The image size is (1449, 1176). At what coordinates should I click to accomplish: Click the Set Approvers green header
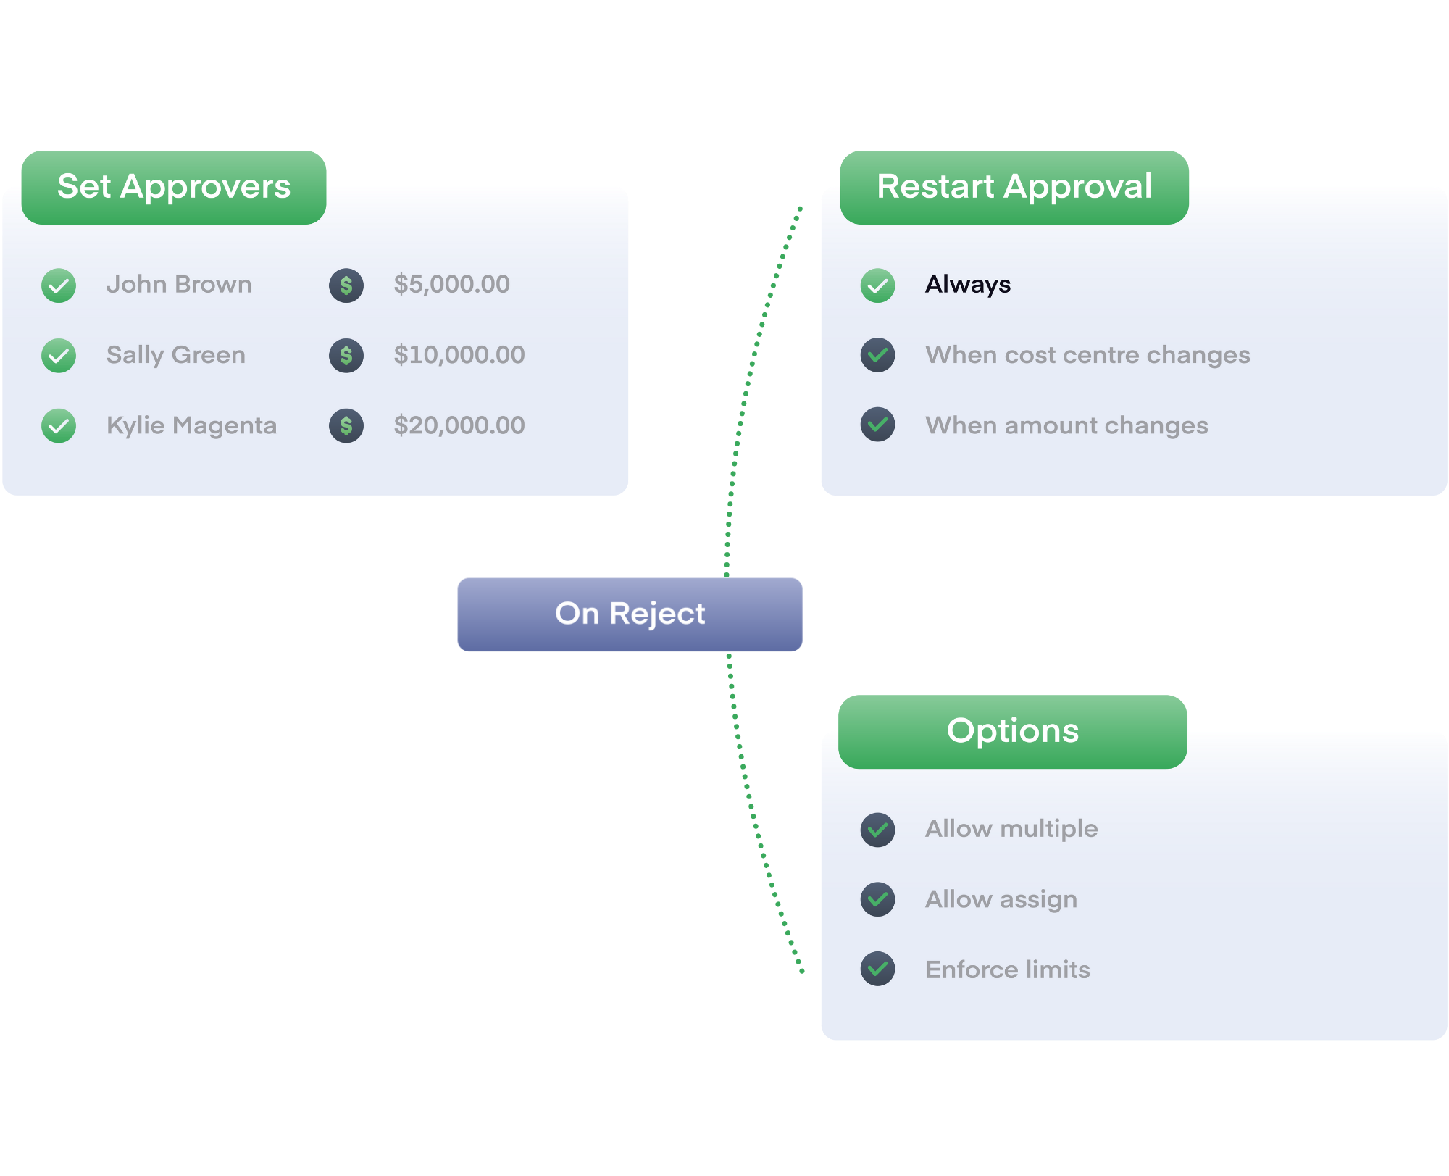174,187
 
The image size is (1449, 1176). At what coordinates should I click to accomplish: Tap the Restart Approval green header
1014,187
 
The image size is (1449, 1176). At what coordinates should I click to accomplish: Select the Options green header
1012,731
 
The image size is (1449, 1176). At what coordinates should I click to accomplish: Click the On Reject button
630,614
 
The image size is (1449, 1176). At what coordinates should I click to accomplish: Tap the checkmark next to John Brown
59,285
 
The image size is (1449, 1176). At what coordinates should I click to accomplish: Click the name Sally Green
176,355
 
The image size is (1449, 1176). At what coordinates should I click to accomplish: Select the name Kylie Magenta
191,425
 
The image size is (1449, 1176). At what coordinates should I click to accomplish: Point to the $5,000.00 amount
451,284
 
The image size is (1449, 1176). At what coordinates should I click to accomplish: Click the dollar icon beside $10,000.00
346,356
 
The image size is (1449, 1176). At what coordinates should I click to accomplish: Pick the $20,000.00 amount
459,425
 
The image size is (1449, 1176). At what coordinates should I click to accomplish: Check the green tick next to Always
877,285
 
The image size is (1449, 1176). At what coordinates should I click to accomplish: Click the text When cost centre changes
1087,355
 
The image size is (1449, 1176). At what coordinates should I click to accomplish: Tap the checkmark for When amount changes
877,425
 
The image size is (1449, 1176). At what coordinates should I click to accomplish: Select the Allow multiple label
1011,829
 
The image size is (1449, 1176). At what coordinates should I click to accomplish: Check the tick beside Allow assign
877,899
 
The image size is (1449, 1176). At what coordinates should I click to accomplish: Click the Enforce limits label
1008,969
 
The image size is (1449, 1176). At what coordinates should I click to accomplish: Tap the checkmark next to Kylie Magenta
59,426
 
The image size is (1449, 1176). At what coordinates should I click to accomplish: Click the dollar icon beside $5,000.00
346,285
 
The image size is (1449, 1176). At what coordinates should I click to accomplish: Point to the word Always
967,284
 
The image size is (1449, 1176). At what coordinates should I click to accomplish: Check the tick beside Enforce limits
877,969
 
